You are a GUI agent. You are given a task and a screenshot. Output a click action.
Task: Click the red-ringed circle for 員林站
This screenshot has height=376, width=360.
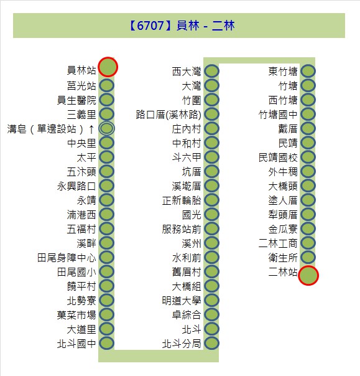[108, 67]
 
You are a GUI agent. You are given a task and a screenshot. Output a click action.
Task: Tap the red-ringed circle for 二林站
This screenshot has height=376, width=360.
[308, 276]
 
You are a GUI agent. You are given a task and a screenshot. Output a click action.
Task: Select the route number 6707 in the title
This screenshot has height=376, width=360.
[150, 26]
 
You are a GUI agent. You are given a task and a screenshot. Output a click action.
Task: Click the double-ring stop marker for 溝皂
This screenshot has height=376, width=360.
[107, 128]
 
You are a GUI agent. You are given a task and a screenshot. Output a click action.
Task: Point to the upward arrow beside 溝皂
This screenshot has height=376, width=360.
[91, 129]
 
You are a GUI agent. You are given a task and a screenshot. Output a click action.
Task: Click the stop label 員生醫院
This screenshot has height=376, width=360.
[76, 100]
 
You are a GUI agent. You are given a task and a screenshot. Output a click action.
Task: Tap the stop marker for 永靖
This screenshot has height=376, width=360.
[107, 200]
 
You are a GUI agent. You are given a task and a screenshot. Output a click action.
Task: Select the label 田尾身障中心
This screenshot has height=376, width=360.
[67, 258]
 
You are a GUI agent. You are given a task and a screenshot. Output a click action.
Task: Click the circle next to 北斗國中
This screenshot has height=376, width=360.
[107, 343]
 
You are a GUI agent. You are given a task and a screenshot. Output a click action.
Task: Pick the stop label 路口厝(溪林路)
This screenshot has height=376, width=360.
[168, 115]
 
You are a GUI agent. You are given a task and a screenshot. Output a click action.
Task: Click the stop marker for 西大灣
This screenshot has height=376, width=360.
[212, 71]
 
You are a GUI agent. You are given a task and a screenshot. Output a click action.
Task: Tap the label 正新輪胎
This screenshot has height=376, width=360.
[182, 200]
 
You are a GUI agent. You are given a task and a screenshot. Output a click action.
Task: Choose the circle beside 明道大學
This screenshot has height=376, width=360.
[212, 300]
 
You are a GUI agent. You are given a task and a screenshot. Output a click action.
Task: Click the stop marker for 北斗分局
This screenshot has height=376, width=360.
[212, 343]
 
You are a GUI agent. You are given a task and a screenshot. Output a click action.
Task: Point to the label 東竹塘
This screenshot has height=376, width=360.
[283, 72]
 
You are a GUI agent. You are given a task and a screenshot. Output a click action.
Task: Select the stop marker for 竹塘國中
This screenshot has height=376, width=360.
[308, 114]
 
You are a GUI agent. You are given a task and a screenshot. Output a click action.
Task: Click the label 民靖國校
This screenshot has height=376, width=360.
[278, 157]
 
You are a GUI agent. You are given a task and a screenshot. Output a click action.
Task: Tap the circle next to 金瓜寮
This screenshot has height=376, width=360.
[308, 228]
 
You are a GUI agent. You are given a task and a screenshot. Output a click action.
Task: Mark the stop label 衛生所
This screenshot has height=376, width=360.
[283, 258]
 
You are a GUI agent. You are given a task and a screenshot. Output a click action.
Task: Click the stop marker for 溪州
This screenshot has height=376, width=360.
[212, 243]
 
